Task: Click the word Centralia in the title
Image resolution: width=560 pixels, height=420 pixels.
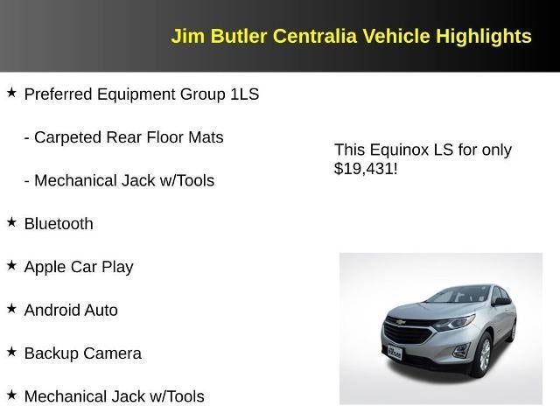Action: pyautogui.click(x=311, y=37)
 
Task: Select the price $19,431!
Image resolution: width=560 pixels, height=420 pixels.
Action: pyautogui.click(x=366, y=169)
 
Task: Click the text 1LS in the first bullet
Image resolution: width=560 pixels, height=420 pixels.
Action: pyautogui.click(x=245, y=94)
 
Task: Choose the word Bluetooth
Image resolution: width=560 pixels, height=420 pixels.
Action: pyautogui.click(x=59, y=224)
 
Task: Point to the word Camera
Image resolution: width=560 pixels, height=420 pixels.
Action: pyautogui.click(x=114, y=353)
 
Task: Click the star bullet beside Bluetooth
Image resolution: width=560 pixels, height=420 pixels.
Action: pyautogui.click(x=11, y=222)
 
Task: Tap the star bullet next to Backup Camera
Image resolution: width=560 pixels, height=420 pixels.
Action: pyautogui.click(x=11, y=352)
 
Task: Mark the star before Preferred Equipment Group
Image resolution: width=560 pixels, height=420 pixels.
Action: pyautogui.click(x=11, y=93)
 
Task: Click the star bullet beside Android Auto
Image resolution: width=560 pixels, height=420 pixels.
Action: pyautogui.click(x=11, y=309)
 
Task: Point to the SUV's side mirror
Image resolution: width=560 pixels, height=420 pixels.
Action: pyautogui.click(x=501, y=302)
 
